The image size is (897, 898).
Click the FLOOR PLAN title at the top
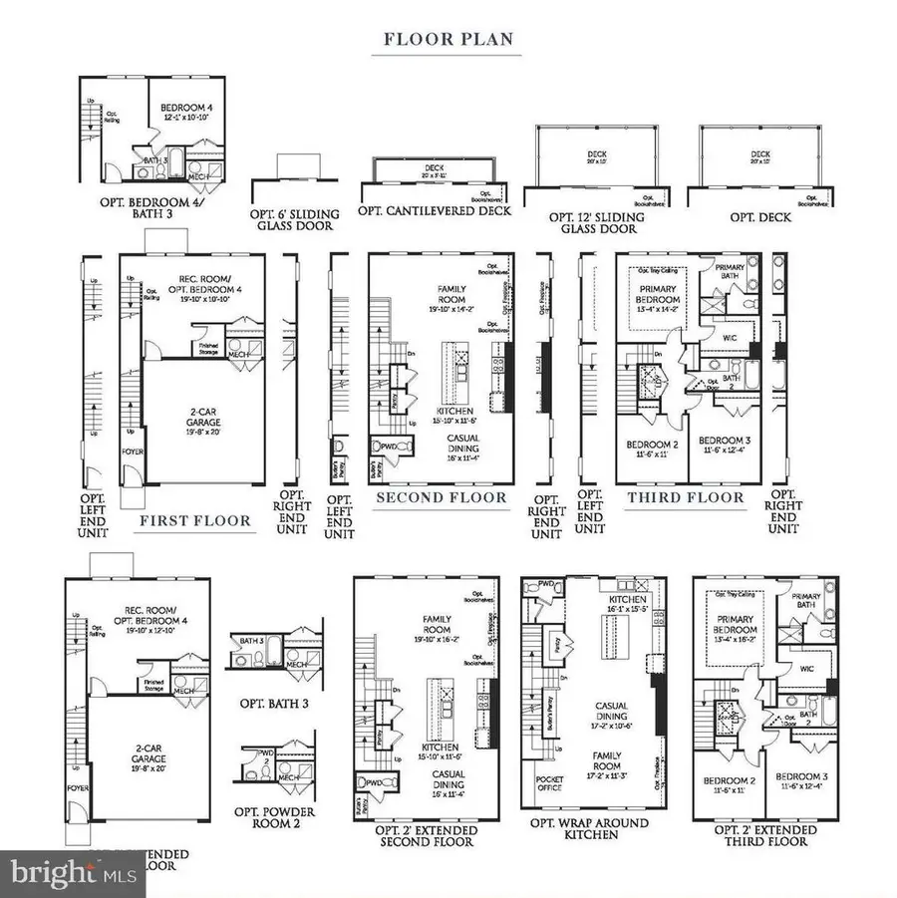448,40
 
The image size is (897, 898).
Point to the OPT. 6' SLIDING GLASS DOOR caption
295,220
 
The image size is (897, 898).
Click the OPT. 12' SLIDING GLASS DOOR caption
597,223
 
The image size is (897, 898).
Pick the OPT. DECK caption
760,217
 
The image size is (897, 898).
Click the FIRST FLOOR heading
195,520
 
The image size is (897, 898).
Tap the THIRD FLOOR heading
684,497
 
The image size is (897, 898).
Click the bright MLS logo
60,873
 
